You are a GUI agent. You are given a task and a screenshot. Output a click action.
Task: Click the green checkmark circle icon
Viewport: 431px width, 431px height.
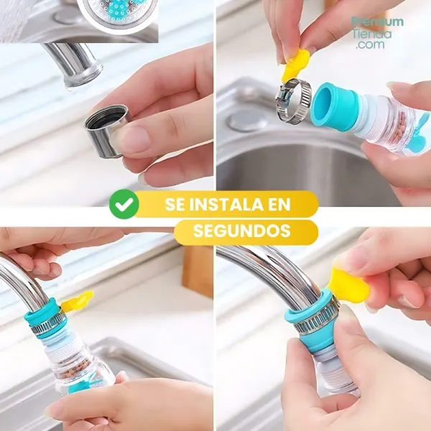click(x=124, y=204)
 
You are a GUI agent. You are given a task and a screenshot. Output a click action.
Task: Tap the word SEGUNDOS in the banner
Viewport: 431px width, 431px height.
click(x=242, y=231)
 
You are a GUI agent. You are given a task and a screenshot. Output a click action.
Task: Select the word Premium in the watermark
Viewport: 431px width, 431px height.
click(x=377, y=22)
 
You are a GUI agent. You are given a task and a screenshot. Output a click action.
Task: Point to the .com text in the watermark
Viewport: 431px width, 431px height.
click(x=370, y=45)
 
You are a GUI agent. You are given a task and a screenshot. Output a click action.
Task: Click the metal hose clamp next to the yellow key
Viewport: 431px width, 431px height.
click(x=294, y=100)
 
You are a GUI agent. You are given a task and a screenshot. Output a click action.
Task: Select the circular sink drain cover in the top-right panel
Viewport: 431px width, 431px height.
click(x=247, y=121)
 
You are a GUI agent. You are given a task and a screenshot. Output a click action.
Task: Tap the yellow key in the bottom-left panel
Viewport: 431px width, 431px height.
click(x=78, y=302)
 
